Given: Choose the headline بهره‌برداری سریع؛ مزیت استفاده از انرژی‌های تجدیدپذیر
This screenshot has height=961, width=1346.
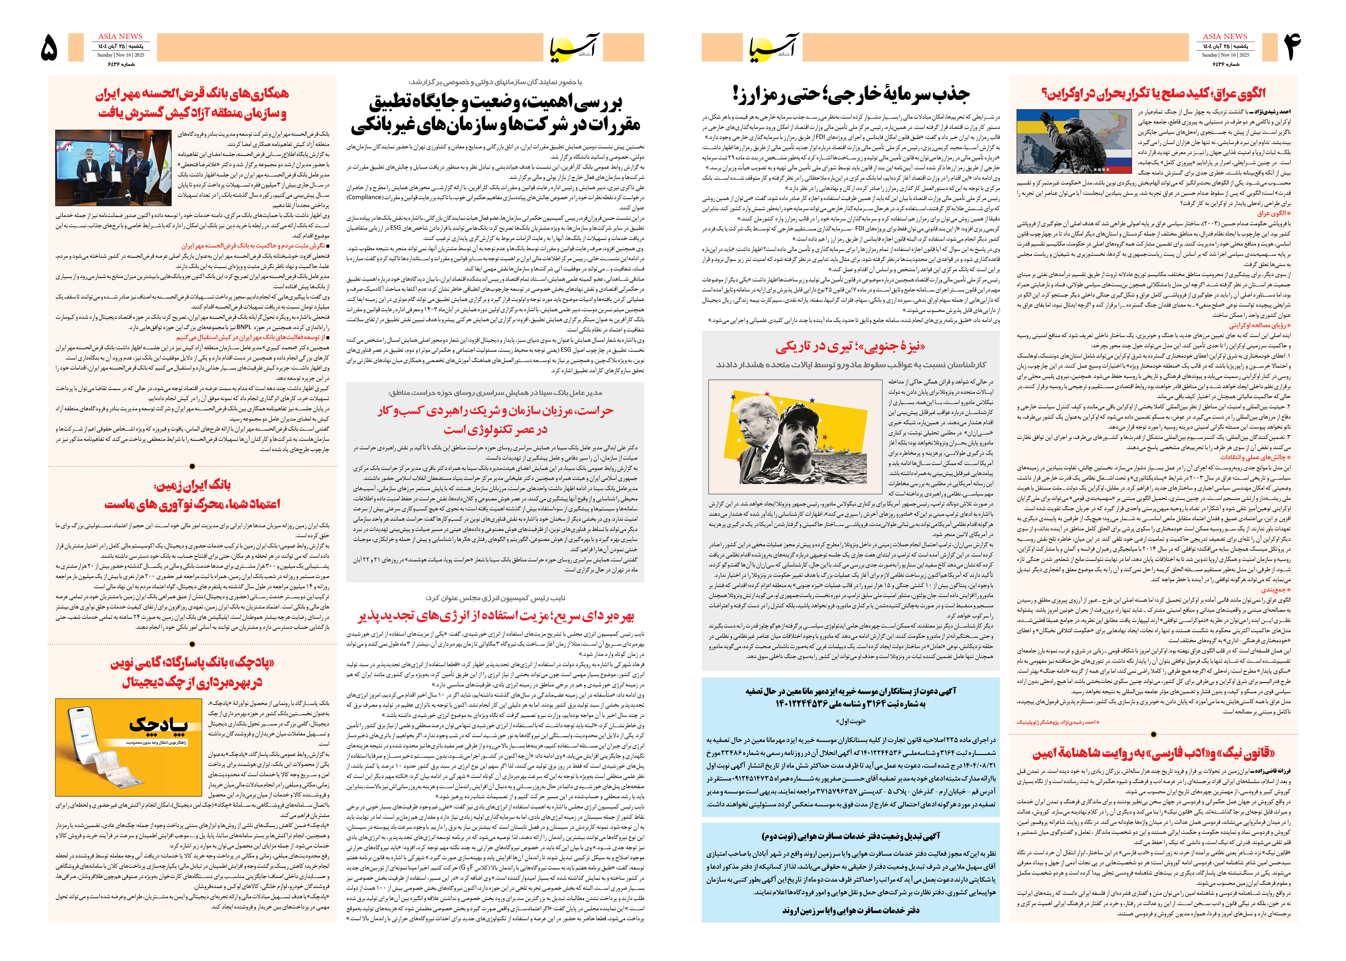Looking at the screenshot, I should pyautogui.click(x=495, y=616).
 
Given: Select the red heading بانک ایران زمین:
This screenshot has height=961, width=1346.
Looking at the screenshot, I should pyautogui.click(x=192, y=485).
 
